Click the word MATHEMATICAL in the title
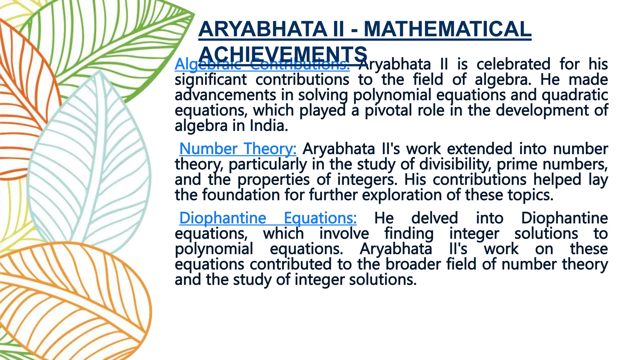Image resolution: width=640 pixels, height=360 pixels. coord(447,29)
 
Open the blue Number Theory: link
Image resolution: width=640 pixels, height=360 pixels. coord(237,149)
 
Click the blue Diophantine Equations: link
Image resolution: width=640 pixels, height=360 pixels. coord(267,218)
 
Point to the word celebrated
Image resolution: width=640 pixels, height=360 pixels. coord(513,64)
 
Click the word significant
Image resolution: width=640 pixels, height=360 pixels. coord(211,80)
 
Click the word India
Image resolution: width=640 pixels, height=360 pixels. coord(268,126)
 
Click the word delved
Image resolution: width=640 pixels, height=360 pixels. coord(434,218)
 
